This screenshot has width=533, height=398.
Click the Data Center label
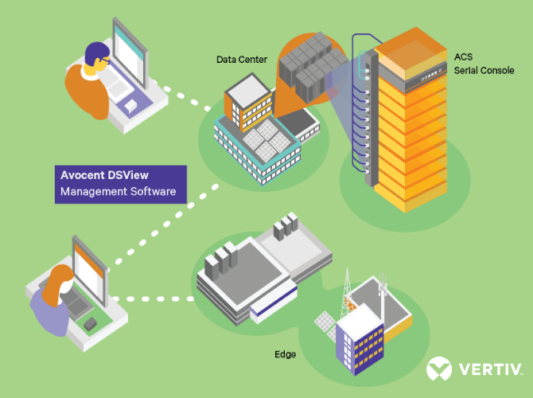coord(240,59)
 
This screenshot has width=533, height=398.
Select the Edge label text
coord(285,354)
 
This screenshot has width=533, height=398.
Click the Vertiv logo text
coord(489,369)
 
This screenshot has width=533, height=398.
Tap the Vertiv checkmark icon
coord(439,369)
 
